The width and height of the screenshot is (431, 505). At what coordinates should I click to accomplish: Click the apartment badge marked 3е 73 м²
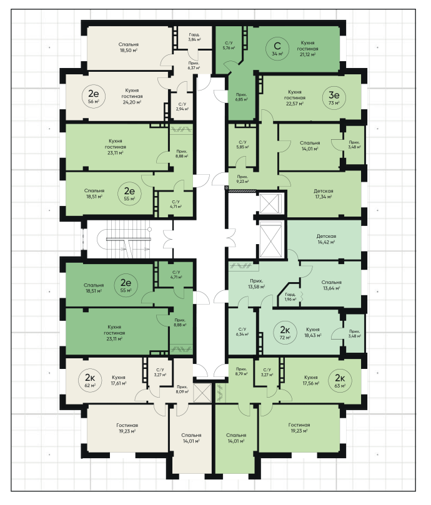[334, 97]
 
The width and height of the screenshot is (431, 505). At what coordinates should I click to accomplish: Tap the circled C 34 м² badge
[277, 48]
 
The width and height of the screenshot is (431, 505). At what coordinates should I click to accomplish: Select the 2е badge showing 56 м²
[94, 96]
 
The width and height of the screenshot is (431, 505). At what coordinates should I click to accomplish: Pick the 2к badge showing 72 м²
[285, 332]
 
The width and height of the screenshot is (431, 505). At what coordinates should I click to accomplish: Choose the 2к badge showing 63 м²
[340, 380]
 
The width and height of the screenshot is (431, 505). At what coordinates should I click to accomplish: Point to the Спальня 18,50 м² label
[128, 47]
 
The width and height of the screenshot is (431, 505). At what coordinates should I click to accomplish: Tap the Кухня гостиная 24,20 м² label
[132, 96]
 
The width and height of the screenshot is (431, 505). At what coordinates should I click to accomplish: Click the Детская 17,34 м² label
[324, 194]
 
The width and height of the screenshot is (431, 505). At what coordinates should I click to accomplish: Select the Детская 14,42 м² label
[326, 239]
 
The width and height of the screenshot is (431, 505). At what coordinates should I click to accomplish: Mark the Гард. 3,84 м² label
[194, 37]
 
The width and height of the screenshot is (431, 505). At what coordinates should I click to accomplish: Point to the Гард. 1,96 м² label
[290, 297]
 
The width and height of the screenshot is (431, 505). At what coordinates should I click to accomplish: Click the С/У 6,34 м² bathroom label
[242, 331]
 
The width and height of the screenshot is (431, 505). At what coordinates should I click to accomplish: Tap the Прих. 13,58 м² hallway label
[256, 284]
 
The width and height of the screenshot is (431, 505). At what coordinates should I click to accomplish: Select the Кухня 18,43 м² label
[313, 332]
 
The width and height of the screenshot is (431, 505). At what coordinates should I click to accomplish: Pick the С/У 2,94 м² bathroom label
[182, 107]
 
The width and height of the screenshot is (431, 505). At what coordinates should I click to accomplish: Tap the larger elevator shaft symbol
[270, 240]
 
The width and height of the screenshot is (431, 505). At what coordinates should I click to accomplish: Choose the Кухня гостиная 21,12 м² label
[307, 48]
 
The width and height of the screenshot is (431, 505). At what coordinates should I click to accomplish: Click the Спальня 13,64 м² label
[331, 285]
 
